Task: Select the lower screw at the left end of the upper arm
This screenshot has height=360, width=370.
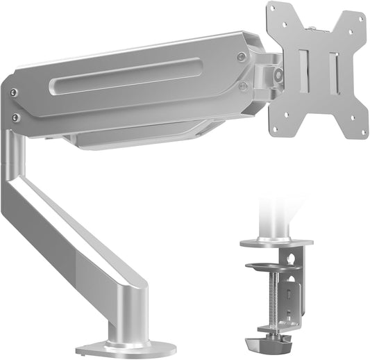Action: pyautogui.click(x=15, y=117)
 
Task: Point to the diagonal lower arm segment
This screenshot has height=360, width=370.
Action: pyautogui.click(x=76, y=229)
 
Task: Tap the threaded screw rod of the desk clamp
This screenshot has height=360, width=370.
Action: pyautogui.click(x=283, y=299)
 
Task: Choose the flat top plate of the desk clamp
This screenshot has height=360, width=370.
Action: pyautogui.click(x=276, y=243)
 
